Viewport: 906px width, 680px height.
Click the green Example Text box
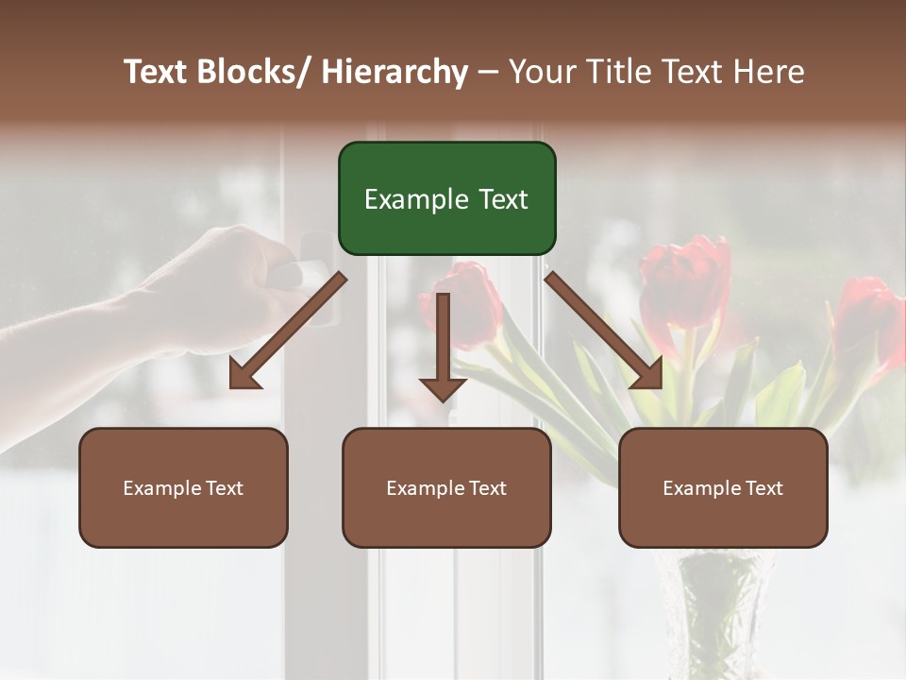[x=446, y=198]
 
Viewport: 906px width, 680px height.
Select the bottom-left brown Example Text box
[x=183, y=488]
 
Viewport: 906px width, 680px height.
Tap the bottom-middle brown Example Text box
[x=446, y=488]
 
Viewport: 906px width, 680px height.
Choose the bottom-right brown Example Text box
[x=723, y=488]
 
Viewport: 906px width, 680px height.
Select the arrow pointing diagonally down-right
[x=605, y=331]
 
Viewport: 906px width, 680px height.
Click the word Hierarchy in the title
[x=394, y=72]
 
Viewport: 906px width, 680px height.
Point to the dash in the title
[x=488, y=72]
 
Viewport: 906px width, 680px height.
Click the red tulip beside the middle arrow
[x=472, y=302]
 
